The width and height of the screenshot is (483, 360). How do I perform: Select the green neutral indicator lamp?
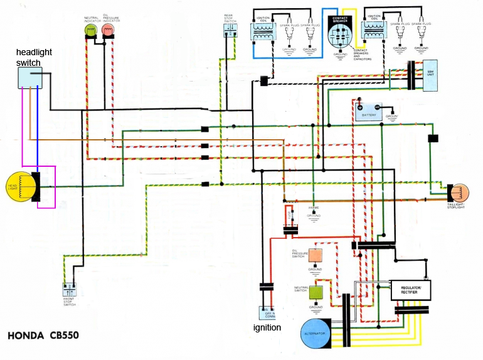(x=92, y=31)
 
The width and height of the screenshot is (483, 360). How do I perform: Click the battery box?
(x=369, y=112)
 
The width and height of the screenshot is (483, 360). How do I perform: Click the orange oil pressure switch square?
(x=316, y=255)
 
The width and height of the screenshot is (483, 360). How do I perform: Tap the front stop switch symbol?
(x=69, y=290)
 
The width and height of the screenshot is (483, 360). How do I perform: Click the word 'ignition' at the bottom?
(x=267, y=327)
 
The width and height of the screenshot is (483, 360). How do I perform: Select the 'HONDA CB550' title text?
(x=43, y=336)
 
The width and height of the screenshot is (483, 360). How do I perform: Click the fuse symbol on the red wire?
(x=289, y=216)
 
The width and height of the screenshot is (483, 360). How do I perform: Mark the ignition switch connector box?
(x=267, y=312)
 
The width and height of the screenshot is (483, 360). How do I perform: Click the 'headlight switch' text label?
(x=28, y=58)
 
